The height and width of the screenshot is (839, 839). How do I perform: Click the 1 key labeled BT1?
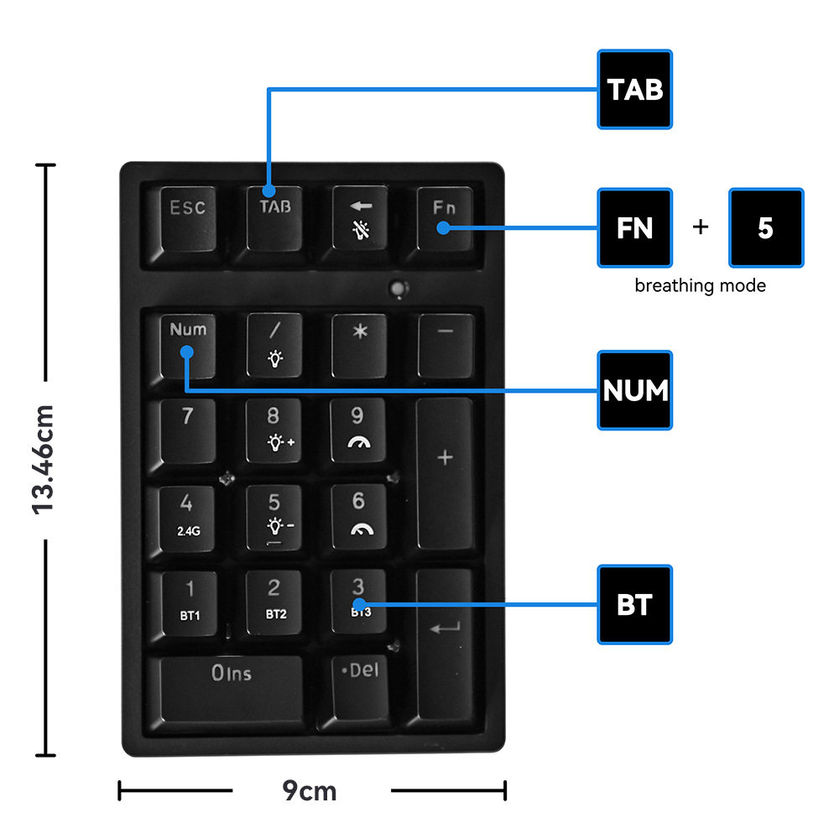click(190, 600)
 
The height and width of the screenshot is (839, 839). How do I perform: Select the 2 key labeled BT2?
click(274, 600)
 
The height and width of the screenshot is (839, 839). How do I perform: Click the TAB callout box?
click(635, 90)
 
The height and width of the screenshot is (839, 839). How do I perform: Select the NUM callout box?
click(635, 390)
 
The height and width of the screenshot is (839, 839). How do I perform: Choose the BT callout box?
click(635, 605)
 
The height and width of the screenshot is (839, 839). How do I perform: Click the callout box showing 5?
click(766, 228)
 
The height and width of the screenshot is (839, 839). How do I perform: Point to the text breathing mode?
click(700, 285)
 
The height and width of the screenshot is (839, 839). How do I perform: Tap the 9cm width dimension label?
click(310, 789)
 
